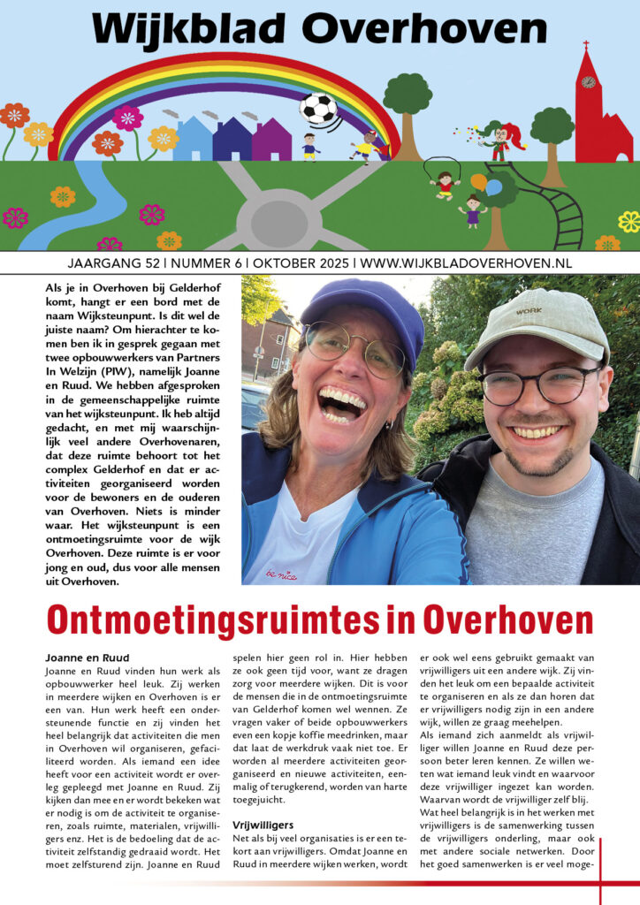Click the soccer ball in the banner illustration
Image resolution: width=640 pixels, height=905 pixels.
pos(317,109)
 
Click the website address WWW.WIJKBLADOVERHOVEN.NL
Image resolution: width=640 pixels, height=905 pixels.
pos(466,263)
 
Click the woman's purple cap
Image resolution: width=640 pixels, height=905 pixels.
pos(362,309)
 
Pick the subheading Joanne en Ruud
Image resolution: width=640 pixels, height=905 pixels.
pos(87,658)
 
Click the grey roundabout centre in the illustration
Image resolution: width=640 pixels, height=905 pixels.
pos(272,217)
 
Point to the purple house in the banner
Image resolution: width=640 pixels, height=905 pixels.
pos(271,141)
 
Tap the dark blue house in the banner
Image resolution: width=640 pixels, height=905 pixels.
pos(232,141)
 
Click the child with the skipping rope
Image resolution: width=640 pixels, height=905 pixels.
pos(444,183)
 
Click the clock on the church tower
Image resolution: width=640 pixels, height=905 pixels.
pos(588,82)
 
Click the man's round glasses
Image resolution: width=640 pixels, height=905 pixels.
pos(540,386)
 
